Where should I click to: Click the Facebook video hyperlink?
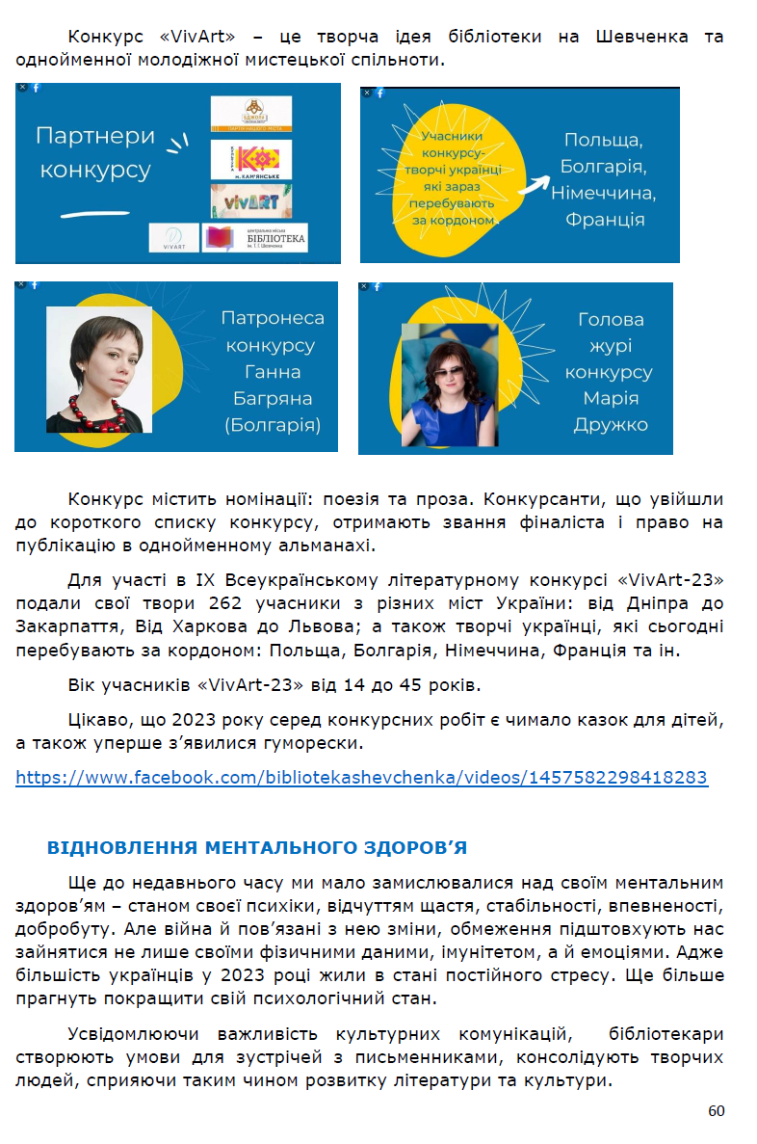pos(361,778)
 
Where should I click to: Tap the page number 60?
pos(716,1111)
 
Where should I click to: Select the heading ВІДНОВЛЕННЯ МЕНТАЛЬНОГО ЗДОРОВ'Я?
pos(256,848)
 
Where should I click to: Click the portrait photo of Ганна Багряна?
pos(98,369)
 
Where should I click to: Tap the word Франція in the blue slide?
pos(605,220)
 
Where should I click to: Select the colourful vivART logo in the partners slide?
pos(250,200)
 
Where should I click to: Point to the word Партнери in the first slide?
pos(94,135)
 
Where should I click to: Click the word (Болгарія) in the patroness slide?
pos(273,425)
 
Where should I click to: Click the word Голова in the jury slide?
pos(611,319)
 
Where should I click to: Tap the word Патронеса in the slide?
pos(273,318)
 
